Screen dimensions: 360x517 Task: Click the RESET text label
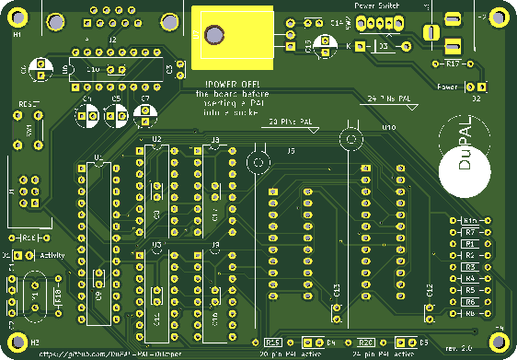pos(28,105)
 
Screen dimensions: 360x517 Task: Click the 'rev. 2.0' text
pos(457,348)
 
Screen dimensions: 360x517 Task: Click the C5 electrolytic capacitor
pos(116,114)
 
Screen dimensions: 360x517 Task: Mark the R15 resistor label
pos(272,341)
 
